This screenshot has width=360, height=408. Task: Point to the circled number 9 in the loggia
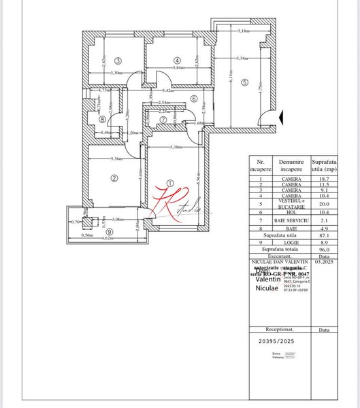109,230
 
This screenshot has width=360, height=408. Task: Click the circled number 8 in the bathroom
102,119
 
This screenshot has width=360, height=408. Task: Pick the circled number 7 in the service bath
163,120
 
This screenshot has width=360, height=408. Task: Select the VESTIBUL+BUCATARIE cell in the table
291,203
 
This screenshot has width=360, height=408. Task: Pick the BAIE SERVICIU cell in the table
291,220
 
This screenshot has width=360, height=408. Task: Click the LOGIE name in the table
291,241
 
